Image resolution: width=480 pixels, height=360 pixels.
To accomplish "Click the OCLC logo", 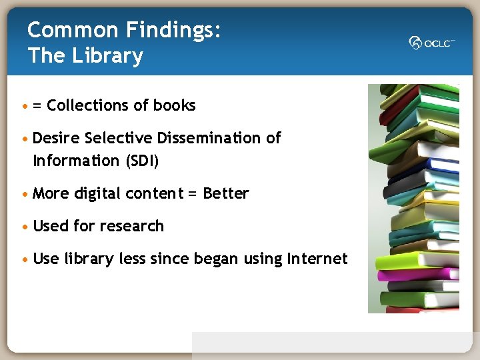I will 432,43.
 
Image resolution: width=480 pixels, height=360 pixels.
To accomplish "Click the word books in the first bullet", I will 174,105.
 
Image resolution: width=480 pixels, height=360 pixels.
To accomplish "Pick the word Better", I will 225,193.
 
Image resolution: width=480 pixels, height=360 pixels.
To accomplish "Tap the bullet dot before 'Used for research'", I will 25,227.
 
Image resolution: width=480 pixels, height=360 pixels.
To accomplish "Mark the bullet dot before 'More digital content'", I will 25,194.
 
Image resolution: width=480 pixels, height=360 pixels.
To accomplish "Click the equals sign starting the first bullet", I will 37,106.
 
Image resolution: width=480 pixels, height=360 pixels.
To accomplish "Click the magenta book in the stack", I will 413,273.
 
